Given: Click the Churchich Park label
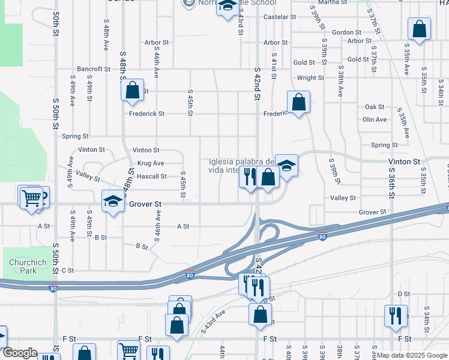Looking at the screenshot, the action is coord(23,266).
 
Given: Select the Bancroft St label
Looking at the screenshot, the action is coord(93,69).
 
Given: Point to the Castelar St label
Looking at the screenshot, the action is coord(280,17).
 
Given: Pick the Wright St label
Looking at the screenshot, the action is coord(310,78).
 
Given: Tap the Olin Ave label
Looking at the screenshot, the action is coord(375,119).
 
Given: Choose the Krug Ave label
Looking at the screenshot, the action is coord(151,163).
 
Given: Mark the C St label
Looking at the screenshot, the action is coord(67,271).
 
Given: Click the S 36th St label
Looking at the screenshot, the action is coord(391,187).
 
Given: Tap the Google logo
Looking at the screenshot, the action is coord(20,353).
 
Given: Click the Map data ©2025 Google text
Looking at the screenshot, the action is coord(411,355).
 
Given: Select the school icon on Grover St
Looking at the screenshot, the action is coord(112,202).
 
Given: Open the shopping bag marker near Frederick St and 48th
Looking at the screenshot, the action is coord(132,91).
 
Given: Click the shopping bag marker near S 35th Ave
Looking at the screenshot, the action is coord(419,29).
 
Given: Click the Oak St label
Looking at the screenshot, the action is coord(375,107).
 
